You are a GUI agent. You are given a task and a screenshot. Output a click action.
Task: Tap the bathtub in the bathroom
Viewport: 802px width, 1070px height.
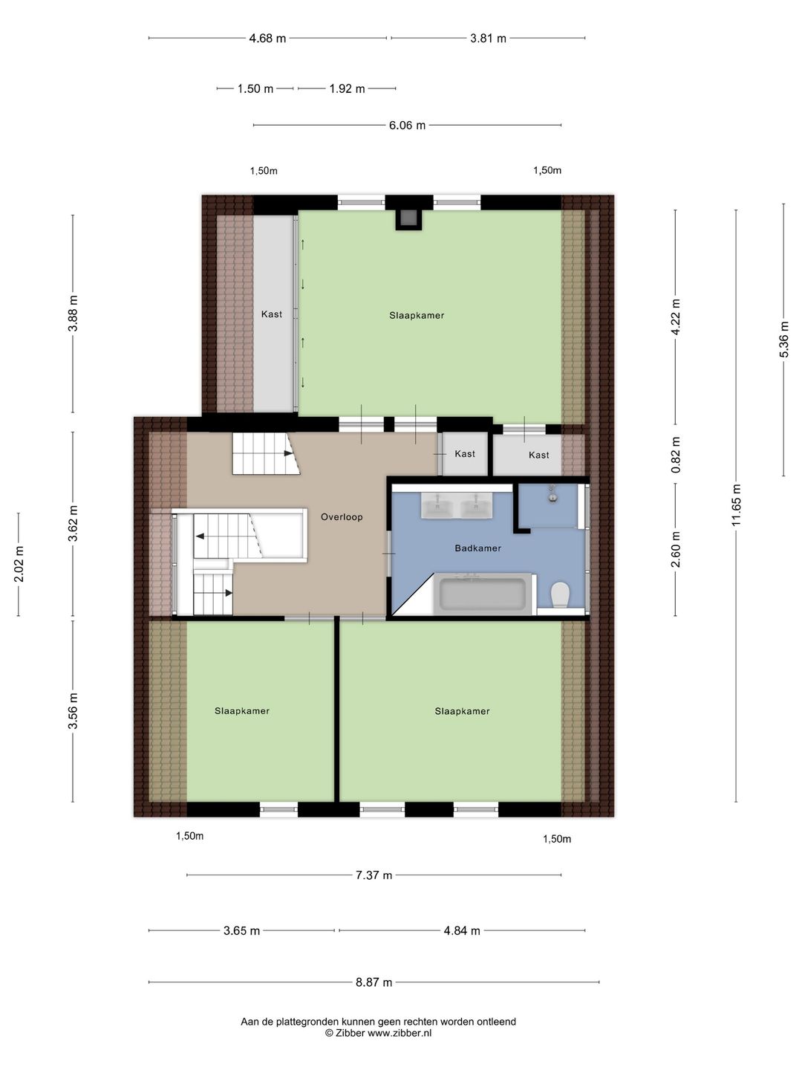point(482,594)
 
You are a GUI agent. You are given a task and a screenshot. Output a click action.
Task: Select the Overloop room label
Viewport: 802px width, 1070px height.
point(342,516)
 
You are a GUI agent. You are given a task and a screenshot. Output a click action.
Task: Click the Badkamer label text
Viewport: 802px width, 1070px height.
point(477,548)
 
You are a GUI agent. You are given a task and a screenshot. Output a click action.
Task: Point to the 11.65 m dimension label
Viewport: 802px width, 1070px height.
point(736,505)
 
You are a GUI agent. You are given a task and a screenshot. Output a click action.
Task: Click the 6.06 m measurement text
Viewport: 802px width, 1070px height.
point(407,126)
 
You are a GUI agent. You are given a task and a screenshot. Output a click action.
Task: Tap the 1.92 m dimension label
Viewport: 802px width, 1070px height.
point(347,88)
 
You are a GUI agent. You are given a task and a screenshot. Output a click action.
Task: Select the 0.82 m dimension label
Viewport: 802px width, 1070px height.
point(676,455)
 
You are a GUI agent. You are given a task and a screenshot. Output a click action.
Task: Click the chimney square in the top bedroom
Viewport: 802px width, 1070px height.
point(408,219)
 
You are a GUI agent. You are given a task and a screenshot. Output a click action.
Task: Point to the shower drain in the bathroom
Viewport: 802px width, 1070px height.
point(552,497)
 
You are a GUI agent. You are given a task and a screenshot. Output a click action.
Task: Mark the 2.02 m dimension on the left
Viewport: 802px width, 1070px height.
point(19,564)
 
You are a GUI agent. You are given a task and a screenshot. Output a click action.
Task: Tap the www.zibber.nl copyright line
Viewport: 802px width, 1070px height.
point(379,1032)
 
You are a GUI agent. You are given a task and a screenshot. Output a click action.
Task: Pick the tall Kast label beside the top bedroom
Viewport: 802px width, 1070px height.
point(271,314)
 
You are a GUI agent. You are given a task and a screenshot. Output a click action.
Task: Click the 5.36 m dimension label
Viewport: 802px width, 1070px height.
point(783,340)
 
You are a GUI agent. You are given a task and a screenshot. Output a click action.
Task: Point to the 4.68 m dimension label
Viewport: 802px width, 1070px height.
point(267,39)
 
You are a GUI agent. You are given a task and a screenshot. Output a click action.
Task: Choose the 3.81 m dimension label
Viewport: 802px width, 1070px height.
point(488,39)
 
